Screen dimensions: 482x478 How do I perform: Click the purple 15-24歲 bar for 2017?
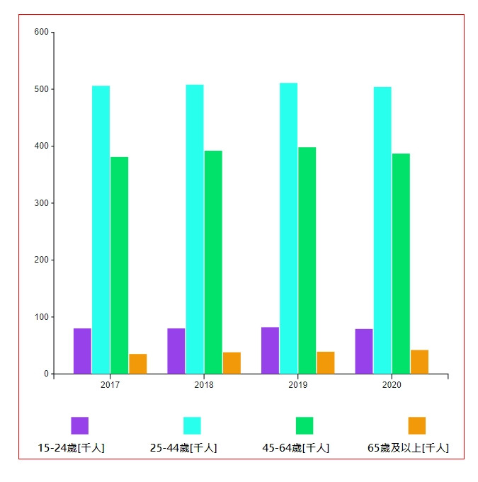coord(82,351)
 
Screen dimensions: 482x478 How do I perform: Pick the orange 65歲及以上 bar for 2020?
coord(419,362)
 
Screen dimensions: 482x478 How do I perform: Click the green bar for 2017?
coord(119,265)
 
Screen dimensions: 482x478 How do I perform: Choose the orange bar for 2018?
coord(232,363)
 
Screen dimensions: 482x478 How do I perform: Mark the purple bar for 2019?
coord(270,350)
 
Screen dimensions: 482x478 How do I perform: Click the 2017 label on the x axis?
coord(110,385)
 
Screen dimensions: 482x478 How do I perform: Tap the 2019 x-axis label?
coord(298,385)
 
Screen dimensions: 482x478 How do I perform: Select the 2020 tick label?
coord(392,385)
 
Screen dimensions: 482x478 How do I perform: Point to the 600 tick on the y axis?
coord(41,33)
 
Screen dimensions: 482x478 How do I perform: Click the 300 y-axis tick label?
coord(41,203)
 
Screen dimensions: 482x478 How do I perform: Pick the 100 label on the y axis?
coord(41,317)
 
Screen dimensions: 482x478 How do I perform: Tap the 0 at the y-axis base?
coord(46,374)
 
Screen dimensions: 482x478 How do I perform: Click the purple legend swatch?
coord(79,425)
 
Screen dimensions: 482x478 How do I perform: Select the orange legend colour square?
coord(417,425)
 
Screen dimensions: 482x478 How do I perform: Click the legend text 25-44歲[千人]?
coord(183,448)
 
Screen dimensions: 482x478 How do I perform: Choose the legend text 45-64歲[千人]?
coord(295,448)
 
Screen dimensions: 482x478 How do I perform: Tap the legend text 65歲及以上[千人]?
coord(408,448)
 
